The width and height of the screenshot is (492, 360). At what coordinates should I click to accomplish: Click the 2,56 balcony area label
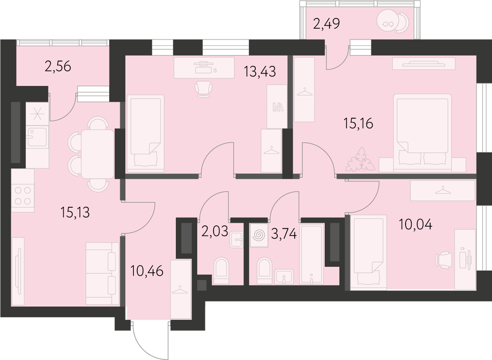[x=58, y=66]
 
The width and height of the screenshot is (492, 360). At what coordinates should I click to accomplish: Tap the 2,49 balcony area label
[x=327, y=24]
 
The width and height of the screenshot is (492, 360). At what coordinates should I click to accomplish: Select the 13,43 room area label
[x=260, y=72]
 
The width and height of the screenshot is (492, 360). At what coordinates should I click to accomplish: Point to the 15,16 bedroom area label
[x=358, y=124]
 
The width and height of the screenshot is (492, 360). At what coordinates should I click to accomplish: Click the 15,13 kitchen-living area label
[x=75, y=212]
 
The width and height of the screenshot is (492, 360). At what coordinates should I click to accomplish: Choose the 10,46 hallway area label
[x=147, y=271]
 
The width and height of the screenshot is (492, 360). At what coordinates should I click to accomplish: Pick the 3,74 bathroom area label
[x=284, y=234]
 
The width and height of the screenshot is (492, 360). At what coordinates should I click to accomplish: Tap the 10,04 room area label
[x=416, y=225]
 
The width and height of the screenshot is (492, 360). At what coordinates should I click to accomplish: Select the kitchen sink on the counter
[x=37, y=137]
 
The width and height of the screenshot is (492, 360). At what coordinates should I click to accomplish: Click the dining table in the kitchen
[x=98, y=154]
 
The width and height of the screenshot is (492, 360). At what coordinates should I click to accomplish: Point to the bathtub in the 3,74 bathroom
[x=311, y=254]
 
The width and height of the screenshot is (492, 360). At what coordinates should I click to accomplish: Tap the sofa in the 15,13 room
[x=102, y=273]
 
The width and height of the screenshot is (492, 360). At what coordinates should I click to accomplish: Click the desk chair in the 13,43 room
[x=204, y=89]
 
